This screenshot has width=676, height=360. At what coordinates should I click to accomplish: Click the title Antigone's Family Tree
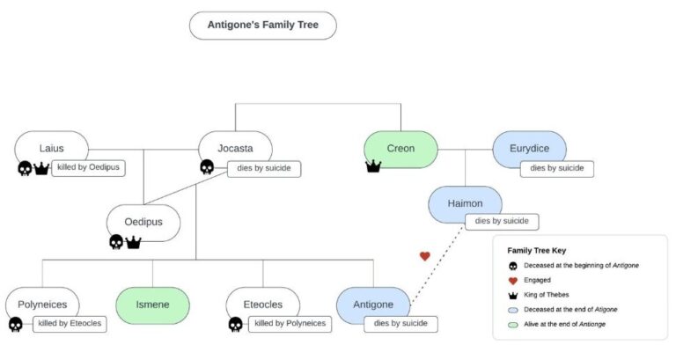(262, 26)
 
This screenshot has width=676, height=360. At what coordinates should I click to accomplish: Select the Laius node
(52, 148)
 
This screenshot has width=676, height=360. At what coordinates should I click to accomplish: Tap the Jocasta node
(235, 149)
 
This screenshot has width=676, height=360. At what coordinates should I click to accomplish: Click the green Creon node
(400, 149)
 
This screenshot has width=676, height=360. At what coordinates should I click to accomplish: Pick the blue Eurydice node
(529, 149)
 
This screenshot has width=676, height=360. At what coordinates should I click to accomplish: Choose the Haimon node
(465, 203)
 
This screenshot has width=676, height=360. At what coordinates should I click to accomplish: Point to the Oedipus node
(143, 222)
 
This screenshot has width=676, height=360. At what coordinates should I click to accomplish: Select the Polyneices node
(42, 305)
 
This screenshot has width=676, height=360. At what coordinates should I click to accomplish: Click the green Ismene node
(153, 305)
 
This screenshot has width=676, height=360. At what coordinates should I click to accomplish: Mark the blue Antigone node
(374, 305)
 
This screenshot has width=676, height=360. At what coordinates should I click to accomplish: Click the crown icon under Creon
(373, 166)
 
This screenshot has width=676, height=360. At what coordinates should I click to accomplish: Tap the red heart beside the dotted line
(425, 256)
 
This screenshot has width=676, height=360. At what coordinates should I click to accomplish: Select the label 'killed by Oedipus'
(89, 167)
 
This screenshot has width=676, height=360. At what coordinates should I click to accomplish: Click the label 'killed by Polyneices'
(290, 324)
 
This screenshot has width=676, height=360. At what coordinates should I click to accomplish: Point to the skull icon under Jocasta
(207, 167)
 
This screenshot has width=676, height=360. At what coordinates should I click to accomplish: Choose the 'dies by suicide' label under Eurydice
(556, 167)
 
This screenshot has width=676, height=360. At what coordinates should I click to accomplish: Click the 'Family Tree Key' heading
(537, 250)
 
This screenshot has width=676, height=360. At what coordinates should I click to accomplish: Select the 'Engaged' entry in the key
(538, 280)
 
